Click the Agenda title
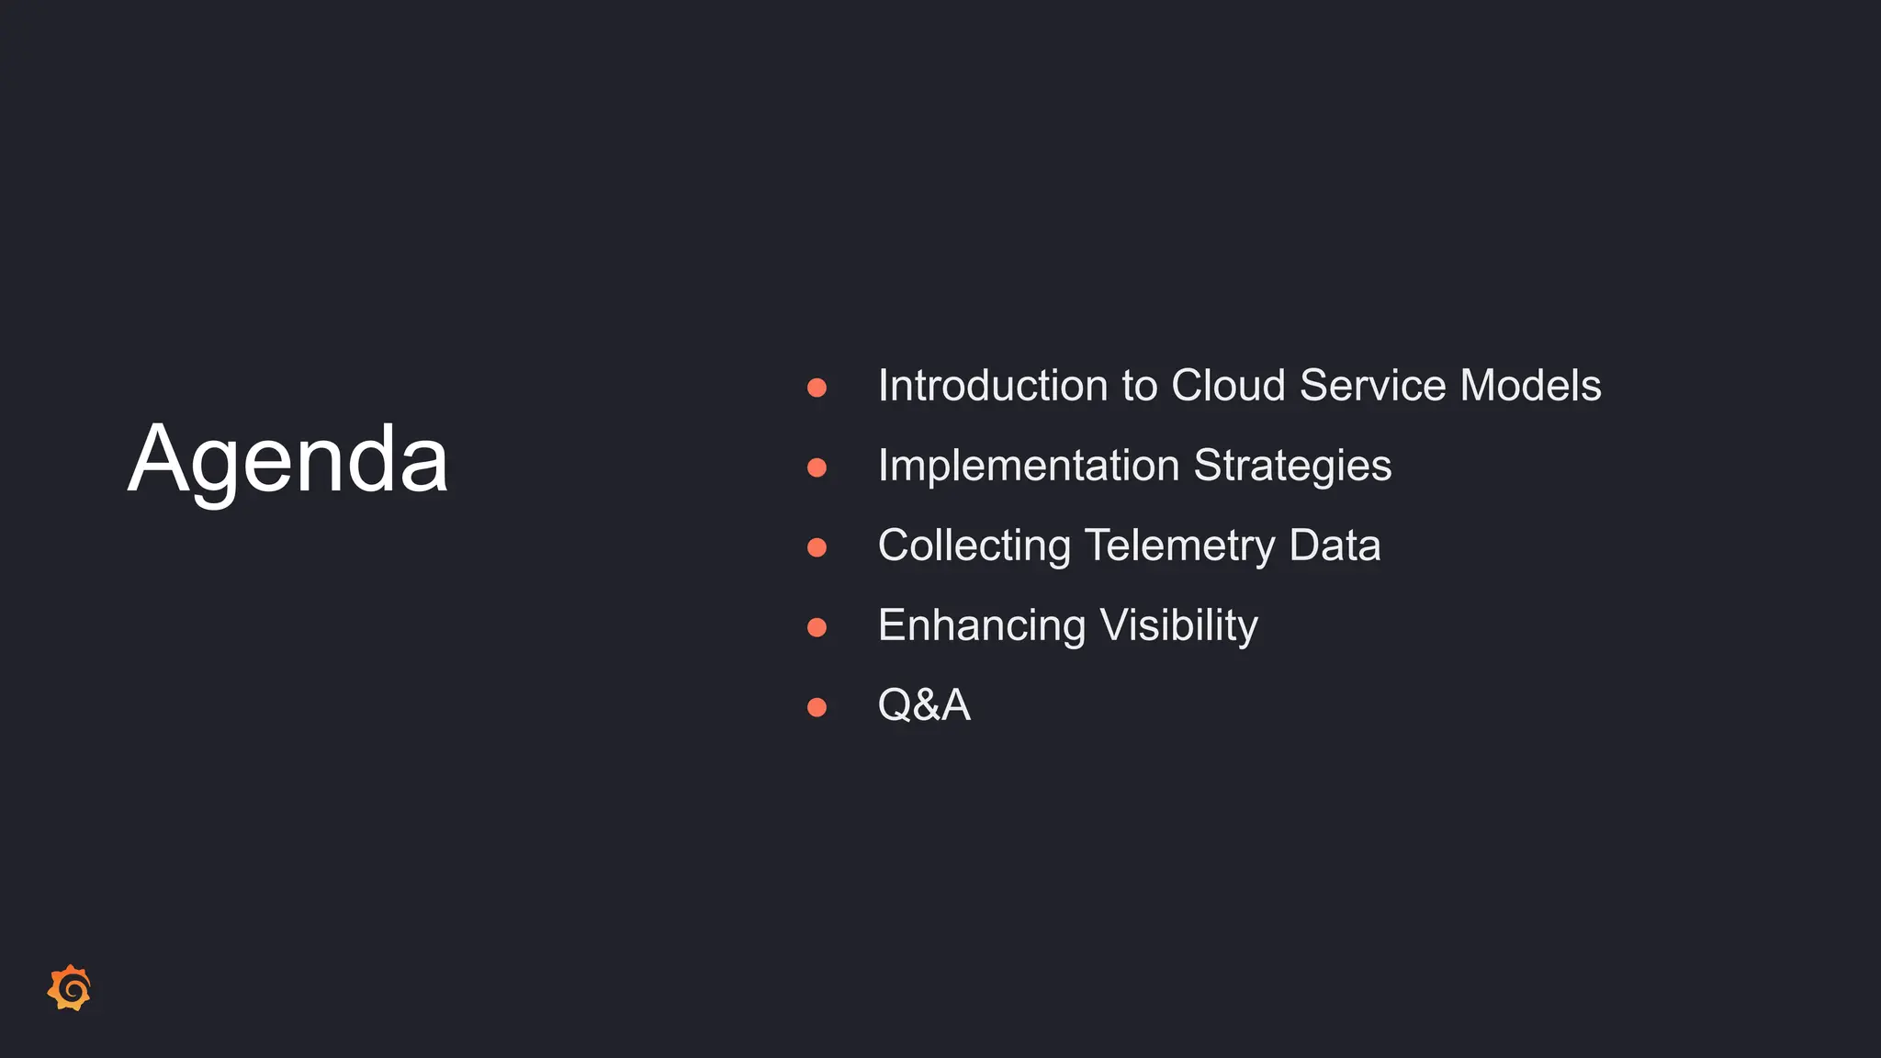(287, 459)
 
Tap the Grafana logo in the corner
(70, 988)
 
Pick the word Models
(1530, 386)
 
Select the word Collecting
(974, 546)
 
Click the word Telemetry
(1179, 546)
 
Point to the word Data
(1335, 546)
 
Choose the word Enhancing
(982, 626)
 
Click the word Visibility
(1178, 626)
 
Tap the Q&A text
(924, 705)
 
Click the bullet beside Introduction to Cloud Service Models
(817, 388)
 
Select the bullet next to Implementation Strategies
(817, 467)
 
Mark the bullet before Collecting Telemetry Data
(817, 547)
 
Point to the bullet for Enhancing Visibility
(817, 627)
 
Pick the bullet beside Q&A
(817, 707)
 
